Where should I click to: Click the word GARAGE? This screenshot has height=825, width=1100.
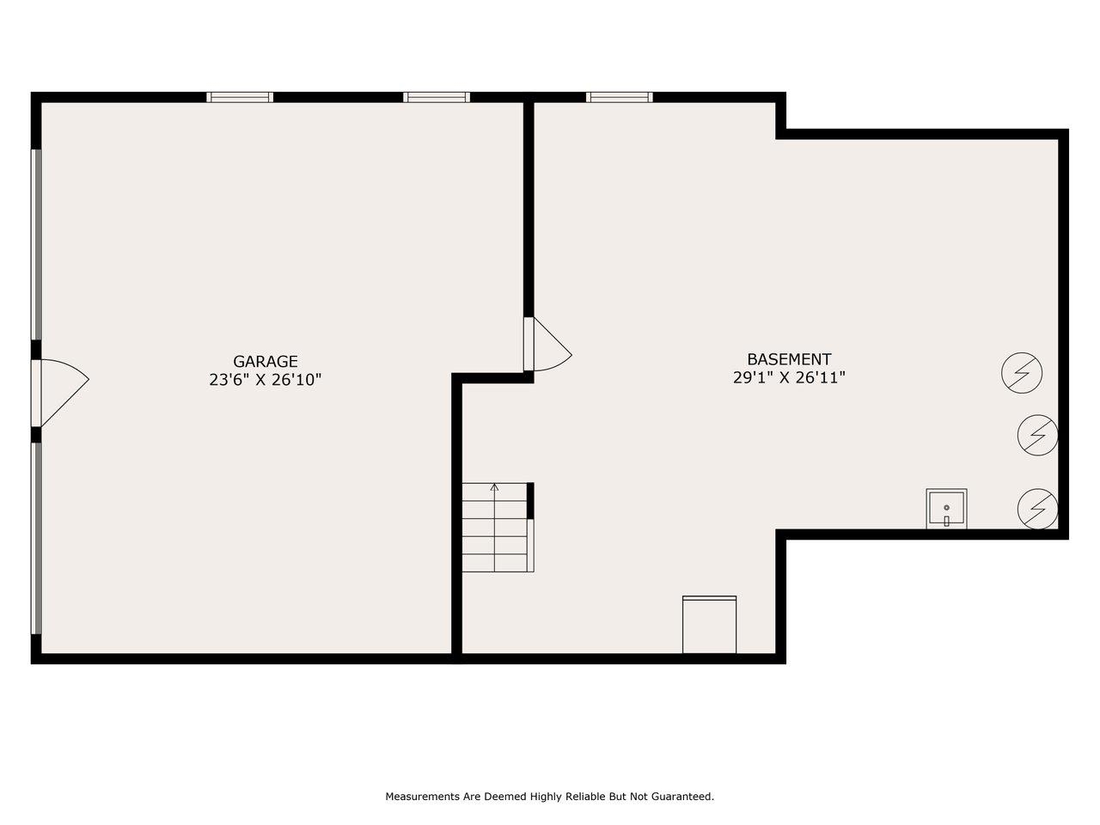pos(265,361)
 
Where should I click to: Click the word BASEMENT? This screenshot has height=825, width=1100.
pos(789,359)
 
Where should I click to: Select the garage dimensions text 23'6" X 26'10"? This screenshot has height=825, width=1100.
pos(265,380)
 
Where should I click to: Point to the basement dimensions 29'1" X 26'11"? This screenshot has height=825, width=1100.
pos(789,377)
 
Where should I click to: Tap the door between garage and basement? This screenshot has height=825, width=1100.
pos(547,344)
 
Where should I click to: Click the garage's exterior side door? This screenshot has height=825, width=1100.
pos(60,393)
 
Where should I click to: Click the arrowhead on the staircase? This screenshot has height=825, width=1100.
pos(495,486)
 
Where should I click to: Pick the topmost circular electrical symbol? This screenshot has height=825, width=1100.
pos(1022,373)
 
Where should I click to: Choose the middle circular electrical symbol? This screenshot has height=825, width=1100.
pos(1037,435)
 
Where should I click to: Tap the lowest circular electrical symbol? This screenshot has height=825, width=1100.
pos(1037,509)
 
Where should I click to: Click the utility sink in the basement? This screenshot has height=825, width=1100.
pos(946,509)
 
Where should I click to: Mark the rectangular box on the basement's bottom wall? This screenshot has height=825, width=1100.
pos(709,624)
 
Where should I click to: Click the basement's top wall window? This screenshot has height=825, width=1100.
pos(620,97)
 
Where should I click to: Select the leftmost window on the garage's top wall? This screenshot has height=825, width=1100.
pos(240,97)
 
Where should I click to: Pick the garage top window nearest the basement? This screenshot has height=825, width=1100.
pos(437,97)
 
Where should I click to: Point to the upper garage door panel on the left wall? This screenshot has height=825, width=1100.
pos(36,244)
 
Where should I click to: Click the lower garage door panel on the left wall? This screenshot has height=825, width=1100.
pos(36,539)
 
